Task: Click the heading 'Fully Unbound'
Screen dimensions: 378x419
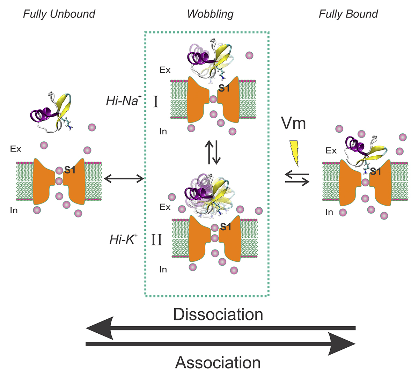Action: click(x=59, y=14)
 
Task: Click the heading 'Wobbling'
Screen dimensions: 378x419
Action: click(x=210, y=14)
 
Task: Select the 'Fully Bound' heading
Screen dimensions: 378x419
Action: click(x=348, y=14)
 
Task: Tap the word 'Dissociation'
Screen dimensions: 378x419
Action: click(x=218, y=314)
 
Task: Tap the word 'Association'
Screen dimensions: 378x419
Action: click(x=218, y=362)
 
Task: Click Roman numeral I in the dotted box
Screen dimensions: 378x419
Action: click(x=156, y=102)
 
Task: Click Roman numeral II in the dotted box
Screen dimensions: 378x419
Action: click(x=156, y=240)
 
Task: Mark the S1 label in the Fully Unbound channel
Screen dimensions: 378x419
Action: click(x=70, y=170)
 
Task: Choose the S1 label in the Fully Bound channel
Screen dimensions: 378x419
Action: click(x=375, y=171)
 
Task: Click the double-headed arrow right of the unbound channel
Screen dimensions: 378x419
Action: click(x=124, y=179)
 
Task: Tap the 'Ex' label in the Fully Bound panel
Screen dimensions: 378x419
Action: click(x=331, y=151)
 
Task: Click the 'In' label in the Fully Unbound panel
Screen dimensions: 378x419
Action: click(x=14, y=210)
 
